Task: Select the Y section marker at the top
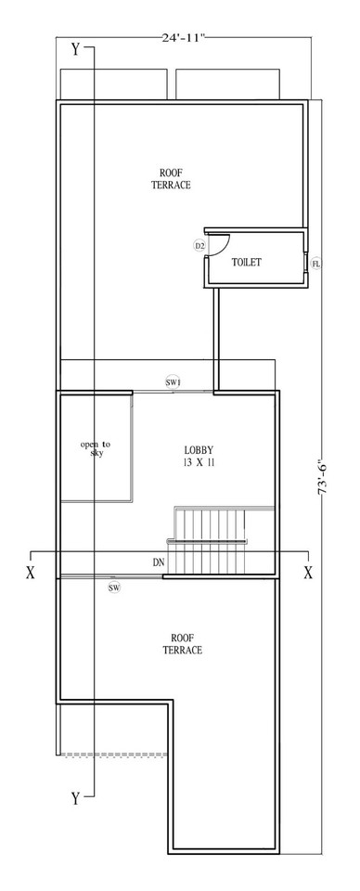[x=75, y=49]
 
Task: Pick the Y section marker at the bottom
[x=75, y=797]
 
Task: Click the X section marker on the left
[x=30, y=573]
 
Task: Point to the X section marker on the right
[x=308, y=573]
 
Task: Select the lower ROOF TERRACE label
[x=182, y=643]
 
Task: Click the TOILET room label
[x=247, y=263]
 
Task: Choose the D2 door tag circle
[x=199, y=246]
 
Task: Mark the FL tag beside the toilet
[x=316, y=265]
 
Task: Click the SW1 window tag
[x=173, y=382]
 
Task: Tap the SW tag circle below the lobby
[x=114, y=588]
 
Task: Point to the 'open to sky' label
[x=96, y=449]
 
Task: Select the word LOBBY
[x=199, y=450]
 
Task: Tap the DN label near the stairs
[x=160, y=562]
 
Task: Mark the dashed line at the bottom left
[x=111, y=755]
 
